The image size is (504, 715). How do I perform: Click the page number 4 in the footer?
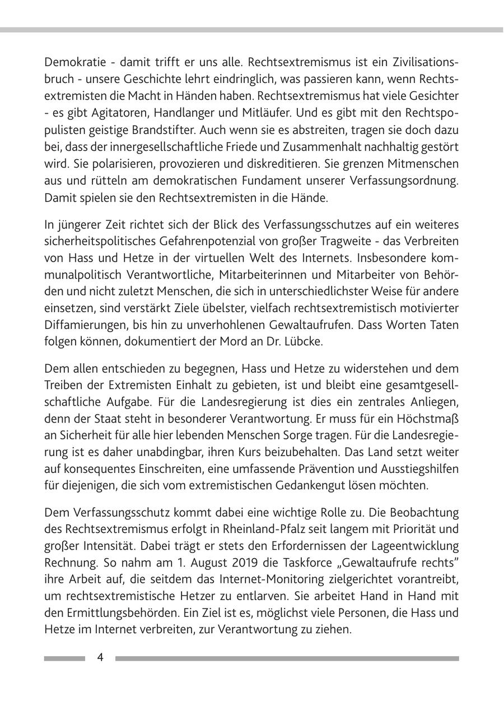tap(100, 657)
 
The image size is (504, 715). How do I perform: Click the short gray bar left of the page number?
tap(64, 658)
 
